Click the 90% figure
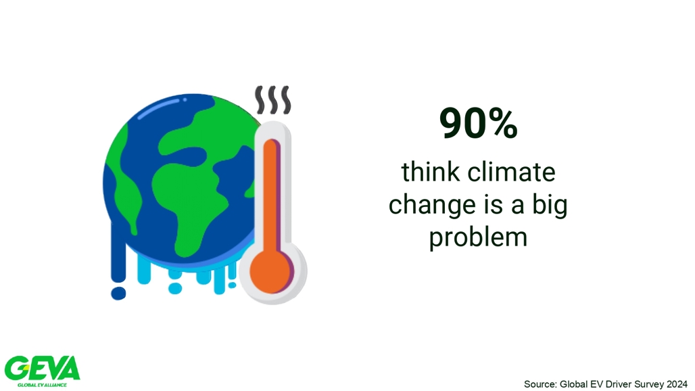coord(478,123)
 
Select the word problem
coord(478,237)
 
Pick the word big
coord(550,205)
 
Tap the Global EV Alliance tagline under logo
coord(42,385)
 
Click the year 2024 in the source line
coord(677,384)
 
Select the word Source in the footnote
coord(540,384)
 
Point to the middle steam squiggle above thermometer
coord(273,99)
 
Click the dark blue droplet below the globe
coord(118,293)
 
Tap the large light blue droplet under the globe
coord(175,289)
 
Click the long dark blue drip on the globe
coord(118,253)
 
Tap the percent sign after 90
coord(504,123)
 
